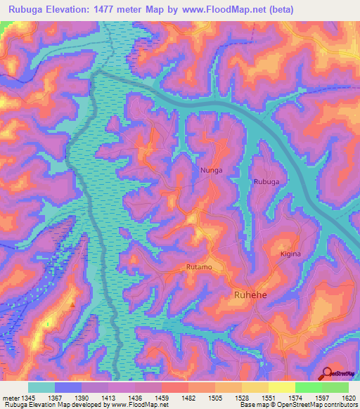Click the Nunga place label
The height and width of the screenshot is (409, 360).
tap(211, 170)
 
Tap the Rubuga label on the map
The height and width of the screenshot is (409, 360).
tap(267, 181)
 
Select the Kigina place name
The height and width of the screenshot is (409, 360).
tap(290, 254)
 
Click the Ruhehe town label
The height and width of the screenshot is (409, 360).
tap(250, 297)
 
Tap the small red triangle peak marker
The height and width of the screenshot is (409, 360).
tap(72, 304)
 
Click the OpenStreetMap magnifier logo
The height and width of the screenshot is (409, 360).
tap(328, 372)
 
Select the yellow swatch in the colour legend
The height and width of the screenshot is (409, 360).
tap(281, 387)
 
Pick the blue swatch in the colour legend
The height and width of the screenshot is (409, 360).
tap(67, 387)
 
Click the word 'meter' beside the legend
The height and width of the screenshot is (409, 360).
tap(11, 397)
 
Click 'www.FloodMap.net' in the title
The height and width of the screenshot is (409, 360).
tap(223, 9)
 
